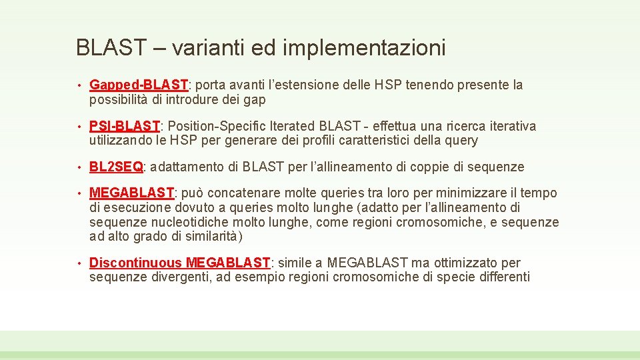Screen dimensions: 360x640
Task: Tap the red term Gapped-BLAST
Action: point(139,85)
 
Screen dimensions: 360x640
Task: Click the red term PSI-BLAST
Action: point(125,127)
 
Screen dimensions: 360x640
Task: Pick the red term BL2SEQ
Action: point(116,167)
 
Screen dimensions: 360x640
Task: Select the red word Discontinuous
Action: point(135,263)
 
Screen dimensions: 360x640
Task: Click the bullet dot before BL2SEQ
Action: point(79,167)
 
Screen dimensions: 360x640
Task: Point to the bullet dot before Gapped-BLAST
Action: point(79,86)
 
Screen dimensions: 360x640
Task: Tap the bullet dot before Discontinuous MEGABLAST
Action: point(79,264)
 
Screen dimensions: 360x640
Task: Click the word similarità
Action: point(215,237)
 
